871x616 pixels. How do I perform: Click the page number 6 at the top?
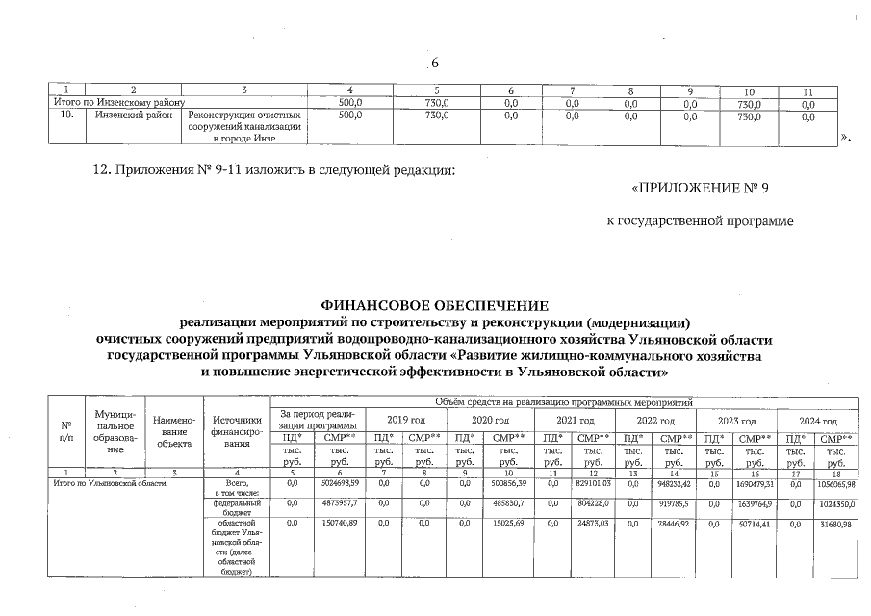(434, 64)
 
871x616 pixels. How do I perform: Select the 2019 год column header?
(405, 421)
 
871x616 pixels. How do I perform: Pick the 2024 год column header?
(817, 421)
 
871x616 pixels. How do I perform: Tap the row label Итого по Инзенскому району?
(117, 102)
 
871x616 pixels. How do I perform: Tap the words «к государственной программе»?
(700, 222)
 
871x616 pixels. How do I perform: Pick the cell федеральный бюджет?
(236, 507)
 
